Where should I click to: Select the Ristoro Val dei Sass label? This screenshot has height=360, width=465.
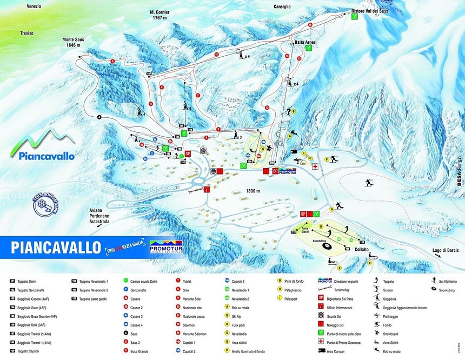tap(370, 11)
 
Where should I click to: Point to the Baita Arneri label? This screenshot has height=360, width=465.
tap(305, 42)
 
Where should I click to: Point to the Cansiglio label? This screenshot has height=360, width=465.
tap(279, 7)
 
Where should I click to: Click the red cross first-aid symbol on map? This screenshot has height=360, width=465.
tap(315, 168)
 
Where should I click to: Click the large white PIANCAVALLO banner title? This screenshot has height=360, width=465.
tap(55, 247)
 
